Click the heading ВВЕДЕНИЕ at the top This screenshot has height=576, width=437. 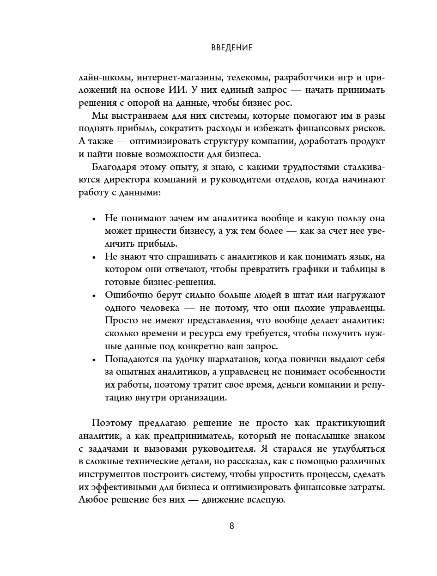point(231,48)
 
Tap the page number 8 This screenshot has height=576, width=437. point(231,526)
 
